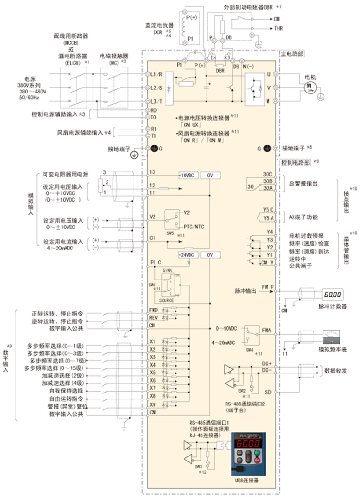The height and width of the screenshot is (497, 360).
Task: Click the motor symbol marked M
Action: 310,86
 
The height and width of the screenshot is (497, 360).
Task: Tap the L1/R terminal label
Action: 157,73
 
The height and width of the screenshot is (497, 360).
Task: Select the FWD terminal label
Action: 153,310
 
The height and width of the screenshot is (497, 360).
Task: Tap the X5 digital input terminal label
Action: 153,372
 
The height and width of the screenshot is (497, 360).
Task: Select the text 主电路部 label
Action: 292,53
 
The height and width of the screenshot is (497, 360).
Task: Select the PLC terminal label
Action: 156,262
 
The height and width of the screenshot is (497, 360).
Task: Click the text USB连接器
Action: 247,480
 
